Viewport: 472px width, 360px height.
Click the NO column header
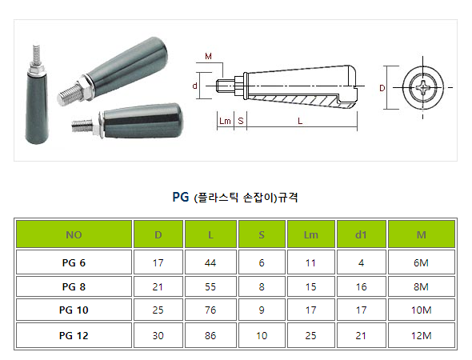(x=74, y=234)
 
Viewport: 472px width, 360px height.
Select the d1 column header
(x=361, y=234)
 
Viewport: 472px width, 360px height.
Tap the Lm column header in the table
(x=310, y=234)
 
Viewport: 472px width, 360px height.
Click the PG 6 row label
(x=74, y=262)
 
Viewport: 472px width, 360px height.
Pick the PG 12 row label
(x=74, y=336)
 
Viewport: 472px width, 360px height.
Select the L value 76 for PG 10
(x=210, y=310)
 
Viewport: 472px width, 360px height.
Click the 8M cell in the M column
(x=421, y=287)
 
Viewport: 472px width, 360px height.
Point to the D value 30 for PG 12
(x=158, y=336)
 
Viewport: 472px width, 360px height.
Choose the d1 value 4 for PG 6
(x=362, y=262)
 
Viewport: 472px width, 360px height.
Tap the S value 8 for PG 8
(x=262, y=287)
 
